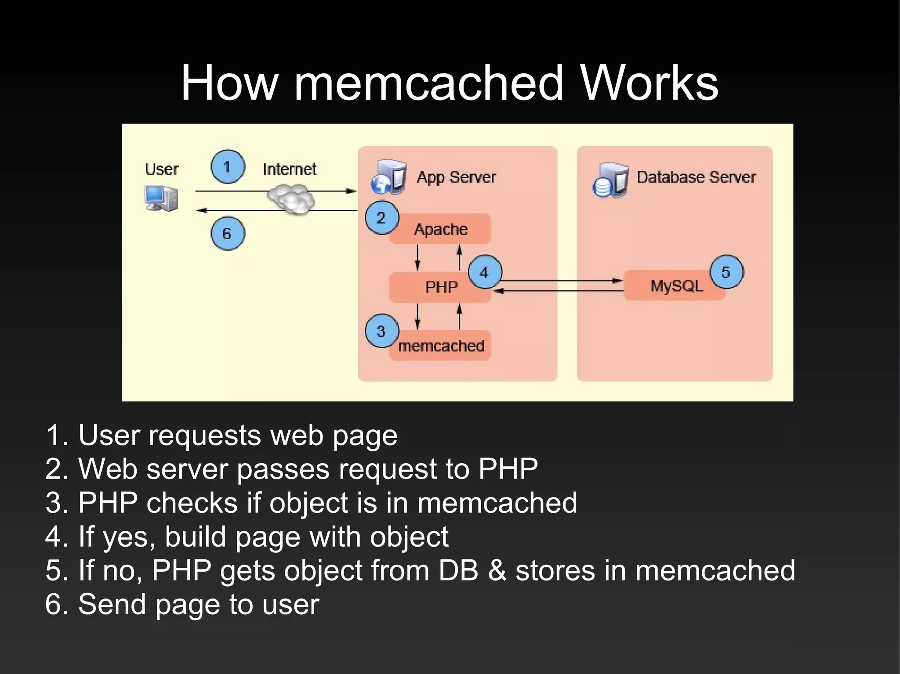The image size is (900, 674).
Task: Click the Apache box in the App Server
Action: coord(441,229)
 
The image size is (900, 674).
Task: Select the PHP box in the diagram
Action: coord(441,287)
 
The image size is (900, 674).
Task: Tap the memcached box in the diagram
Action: coord(441,346)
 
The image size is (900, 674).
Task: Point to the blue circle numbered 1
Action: coord(228,167)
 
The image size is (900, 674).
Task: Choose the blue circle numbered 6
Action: coord(228,233)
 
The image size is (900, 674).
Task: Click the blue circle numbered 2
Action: coord(381,218)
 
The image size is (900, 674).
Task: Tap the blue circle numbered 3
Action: coord(381,331)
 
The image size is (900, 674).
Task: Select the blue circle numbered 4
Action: coord(485,272)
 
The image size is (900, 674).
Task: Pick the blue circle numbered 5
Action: coord(726,272)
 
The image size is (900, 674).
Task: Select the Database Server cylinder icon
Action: coord(610,180)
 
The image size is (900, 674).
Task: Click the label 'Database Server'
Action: coord(696,177)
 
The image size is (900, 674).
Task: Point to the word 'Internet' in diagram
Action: coord(289,169)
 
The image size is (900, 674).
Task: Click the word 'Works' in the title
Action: coord(649,83)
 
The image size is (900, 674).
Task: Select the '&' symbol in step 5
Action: coord(497,570)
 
